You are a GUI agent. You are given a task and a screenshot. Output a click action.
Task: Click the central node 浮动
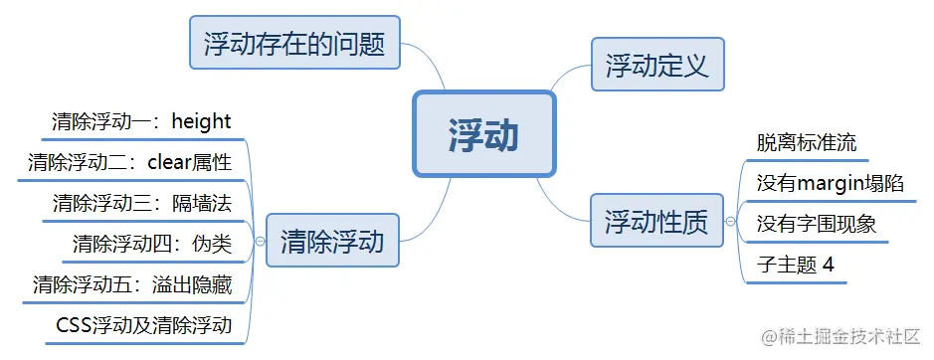[x=483, y=134]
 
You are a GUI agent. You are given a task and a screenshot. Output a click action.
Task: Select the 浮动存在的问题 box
[x=294, y=43]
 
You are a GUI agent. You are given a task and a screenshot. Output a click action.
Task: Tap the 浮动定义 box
[x=656, y=66]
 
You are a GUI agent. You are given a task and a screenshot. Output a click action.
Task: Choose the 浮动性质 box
[x=656, y=222]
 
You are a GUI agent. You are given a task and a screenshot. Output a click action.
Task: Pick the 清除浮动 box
[x=332, y=241]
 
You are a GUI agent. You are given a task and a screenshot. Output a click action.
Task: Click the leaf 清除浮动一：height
[x=141, y=122]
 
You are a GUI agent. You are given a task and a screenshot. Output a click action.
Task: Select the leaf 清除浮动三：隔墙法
[x=141, y=204]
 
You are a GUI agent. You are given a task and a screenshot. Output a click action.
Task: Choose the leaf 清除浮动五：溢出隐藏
[x=131, y=285]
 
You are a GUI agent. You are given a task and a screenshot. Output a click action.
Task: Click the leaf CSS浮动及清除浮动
[x=144, y=325]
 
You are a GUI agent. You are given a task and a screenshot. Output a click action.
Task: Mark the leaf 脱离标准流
[x=805, y=142]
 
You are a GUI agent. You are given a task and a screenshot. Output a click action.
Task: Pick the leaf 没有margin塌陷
[x=830, y=183]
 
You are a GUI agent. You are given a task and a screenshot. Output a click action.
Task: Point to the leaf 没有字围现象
[x=816, y=224]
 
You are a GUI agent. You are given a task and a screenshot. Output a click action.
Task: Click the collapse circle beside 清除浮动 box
[x=260, y=241]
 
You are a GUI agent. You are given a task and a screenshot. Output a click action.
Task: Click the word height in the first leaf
[x=201, y=122]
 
